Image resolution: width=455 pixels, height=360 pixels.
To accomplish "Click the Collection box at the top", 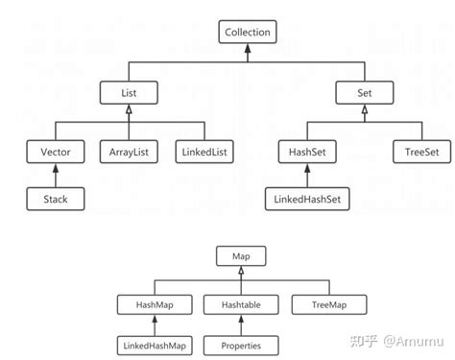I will (248, 32).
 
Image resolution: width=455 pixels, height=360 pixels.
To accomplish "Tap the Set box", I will (365, 92).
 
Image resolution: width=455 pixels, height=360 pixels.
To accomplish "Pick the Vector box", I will (56, 152).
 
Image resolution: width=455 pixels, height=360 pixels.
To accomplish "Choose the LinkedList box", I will (204, 152).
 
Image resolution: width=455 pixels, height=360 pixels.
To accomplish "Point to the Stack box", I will (56, 200).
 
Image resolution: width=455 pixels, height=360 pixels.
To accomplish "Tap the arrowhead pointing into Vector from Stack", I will (56, 169).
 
